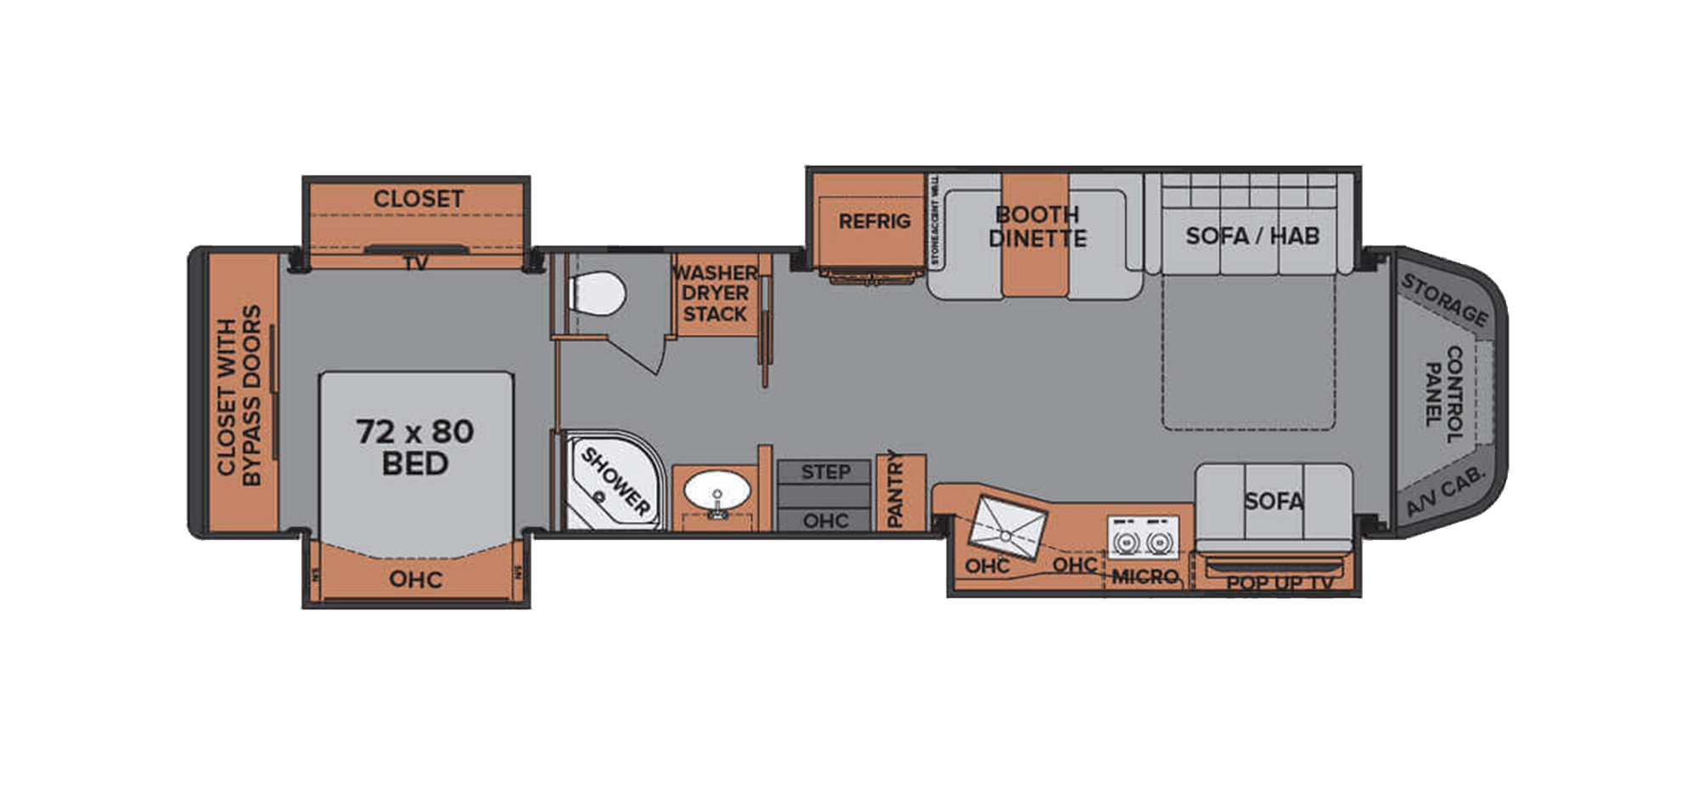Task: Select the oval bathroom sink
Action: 717,493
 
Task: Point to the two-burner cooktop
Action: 1142,540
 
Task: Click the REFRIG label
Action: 874,222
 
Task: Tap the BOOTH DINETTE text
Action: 1037,226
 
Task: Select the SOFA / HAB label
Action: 1252,235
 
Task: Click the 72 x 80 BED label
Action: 415,447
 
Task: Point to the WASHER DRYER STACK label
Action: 715,293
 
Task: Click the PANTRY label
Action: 895,490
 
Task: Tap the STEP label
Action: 825,472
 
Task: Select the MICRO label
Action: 1144,577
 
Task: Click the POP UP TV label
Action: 1279,583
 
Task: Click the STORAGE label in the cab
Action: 1443,300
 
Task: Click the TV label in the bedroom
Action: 415,263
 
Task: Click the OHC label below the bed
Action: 415,579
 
